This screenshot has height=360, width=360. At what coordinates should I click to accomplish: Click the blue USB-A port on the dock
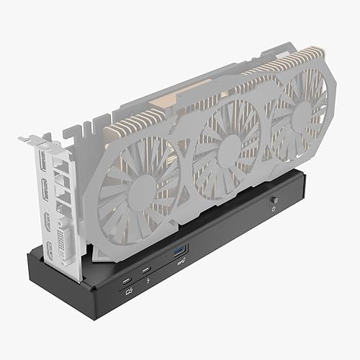(179, 249)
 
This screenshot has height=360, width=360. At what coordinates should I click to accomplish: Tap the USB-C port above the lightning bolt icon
(147, 268)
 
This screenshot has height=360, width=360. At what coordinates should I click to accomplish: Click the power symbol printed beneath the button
(274, 208)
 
